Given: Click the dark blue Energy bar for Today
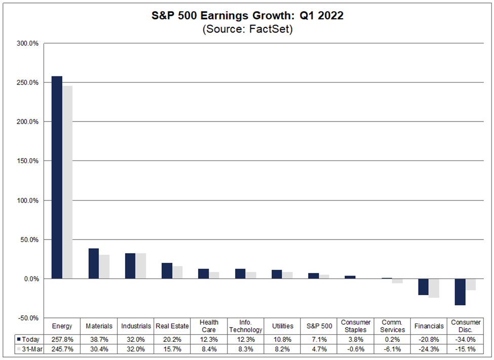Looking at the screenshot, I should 57,177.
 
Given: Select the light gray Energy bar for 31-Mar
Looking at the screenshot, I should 67,182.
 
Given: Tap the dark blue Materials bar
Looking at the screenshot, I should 93,263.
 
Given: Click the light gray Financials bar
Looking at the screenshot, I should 433,288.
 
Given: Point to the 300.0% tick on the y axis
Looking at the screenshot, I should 29,44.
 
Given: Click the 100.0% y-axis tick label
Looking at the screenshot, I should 29,201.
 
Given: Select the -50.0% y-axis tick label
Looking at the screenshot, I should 29,318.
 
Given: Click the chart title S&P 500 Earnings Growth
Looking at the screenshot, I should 248,16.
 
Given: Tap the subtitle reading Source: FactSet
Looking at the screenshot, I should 248,29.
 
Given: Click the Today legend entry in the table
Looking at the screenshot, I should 29,339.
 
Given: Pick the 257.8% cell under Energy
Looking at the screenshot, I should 62,339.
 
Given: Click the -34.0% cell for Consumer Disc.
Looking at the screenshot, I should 465,339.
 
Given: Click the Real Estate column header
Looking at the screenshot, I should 172,326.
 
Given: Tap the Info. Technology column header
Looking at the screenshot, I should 245,326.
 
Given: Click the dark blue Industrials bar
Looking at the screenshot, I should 130,266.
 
